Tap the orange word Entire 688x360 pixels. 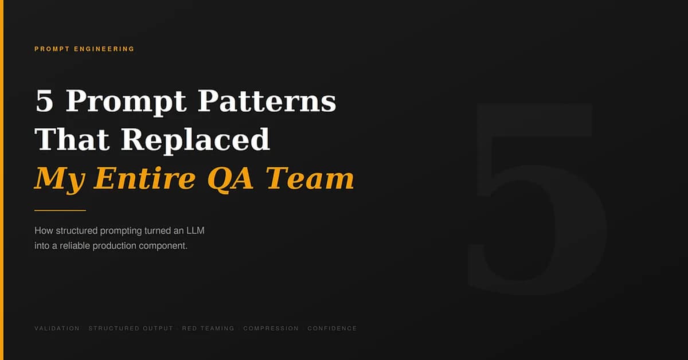point(144,178)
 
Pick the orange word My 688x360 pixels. point(60,179)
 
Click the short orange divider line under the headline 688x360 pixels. point(60,210)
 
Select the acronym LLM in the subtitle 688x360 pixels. point(194,230)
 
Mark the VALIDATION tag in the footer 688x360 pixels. point(57,328)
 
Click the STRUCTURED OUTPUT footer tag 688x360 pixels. point(131,328)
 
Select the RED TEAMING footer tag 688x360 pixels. point(208,328)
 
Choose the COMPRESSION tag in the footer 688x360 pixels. point(271,328)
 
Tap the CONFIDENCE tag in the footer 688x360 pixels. point(332,328)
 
